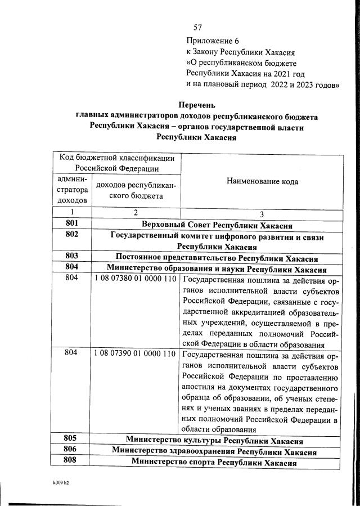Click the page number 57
(197, 28)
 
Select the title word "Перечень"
(196, 105)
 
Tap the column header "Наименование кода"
(262, 181)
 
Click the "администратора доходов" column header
(71, 189)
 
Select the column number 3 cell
(262, 214)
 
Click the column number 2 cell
(136, 213)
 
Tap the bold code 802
(71, 235)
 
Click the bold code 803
(71, 257)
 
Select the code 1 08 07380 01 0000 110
(135, 279)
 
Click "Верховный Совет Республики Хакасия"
(217, 225)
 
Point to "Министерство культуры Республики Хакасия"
(214, 440)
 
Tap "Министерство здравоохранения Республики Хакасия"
(214, 451)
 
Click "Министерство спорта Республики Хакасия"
(214, 462)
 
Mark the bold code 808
(71, 461)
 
